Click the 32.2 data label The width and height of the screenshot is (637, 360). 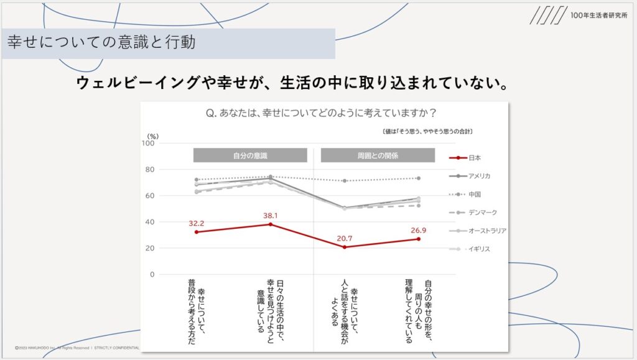click(x=197, y=222)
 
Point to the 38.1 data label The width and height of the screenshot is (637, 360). click(x=271, y=215)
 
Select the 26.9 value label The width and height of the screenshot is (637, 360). click(x=419, y=229)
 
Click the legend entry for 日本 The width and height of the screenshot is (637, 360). click(x=475, y=158)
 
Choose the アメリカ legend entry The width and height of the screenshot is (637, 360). click(x=480, y=176)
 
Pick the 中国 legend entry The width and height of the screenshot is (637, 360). click(x=475, y=194)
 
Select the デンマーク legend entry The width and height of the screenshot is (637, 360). click(x=482, y=213)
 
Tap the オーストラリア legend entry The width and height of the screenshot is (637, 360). click(x=487, y=231)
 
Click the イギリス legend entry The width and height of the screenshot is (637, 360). click(x=479, y=249)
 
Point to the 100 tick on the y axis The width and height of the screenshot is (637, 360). click(x=149, y=143)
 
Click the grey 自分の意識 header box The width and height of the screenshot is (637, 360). click(x=250, y=155)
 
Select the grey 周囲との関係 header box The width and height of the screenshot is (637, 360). click(x=378, y=155)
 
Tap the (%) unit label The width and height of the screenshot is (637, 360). click(x=153, y=136)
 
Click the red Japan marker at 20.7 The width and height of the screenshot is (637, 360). click(x=345, y=247)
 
